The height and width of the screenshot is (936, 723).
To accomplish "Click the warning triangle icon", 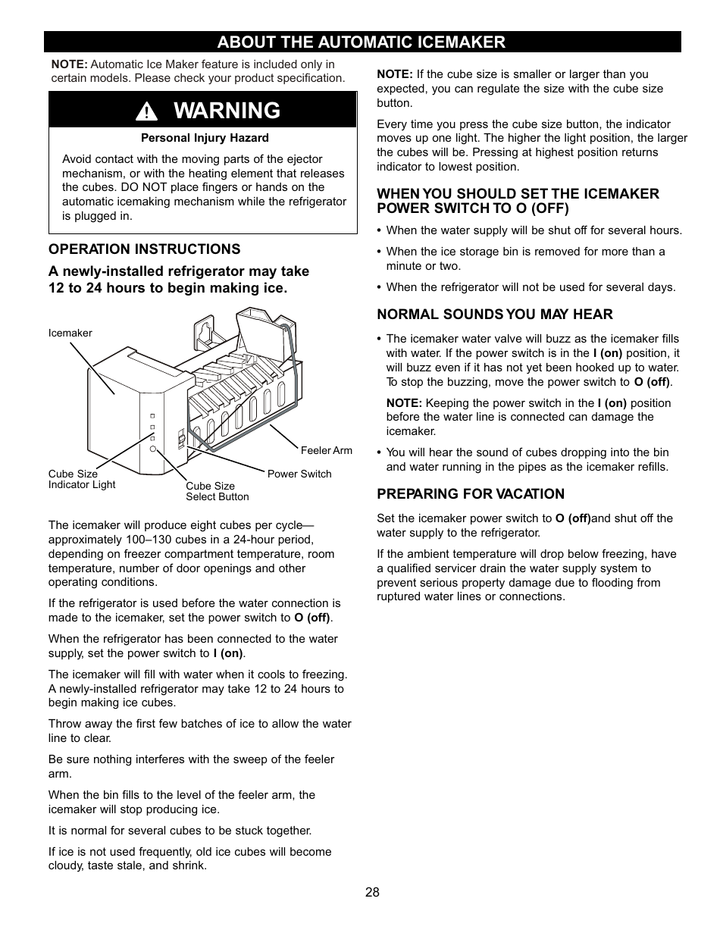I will [x=146, y=112].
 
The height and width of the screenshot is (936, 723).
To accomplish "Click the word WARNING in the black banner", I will [x=227, y=111].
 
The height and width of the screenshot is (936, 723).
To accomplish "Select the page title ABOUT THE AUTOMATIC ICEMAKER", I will [x=362, y=42].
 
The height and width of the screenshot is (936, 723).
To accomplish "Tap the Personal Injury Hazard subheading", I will [x=205, y=138].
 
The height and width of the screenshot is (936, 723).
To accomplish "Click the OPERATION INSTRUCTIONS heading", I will [x=145, y=249].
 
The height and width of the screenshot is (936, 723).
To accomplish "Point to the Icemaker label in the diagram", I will [x=70, y=333].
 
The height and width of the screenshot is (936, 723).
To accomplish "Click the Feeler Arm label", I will [x=327, y=450].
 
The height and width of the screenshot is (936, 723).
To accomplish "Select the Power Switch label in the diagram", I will [x=299, y=474].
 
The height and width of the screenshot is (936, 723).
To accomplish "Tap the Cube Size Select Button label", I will [x=217, y=491].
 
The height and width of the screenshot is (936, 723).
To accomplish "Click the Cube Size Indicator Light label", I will [x=82, y=479].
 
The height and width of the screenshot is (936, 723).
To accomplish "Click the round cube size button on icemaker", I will [x=152, y=449].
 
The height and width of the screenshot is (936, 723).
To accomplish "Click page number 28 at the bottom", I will [x=371, y=892].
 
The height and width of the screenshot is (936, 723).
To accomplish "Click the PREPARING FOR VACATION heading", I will [x=471, y=494].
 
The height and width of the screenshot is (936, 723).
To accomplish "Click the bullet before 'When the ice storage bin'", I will [x=380, y=252].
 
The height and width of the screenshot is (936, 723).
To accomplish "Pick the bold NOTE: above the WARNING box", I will [x=69, y=64].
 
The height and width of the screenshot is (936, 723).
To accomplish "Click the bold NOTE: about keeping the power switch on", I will [x=403, y=403].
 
